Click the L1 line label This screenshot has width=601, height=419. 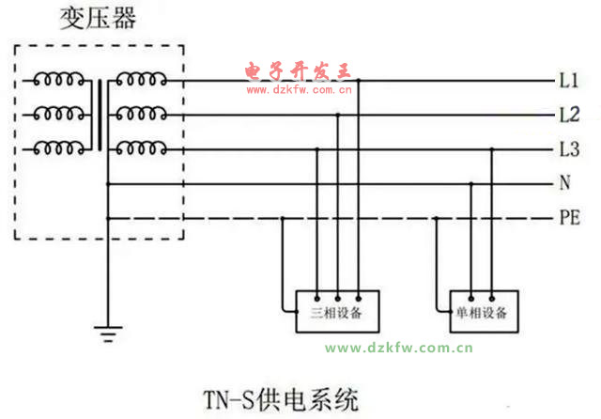(569, 82)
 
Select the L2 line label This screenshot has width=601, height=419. (569, 116)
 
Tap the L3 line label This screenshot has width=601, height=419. (569, 149)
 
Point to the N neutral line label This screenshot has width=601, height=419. (565, 184)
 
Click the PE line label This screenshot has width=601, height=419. (569, 218)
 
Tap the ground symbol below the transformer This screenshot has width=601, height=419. (108, 331)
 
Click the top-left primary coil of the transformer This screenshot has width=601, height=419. (59, 82)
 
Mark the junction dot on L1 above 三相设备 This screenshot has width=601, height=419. (358, 82)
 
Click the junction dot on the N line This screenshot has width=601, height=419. (470, 184)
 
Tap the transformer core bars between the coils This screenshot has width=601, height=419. (100, 115)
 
